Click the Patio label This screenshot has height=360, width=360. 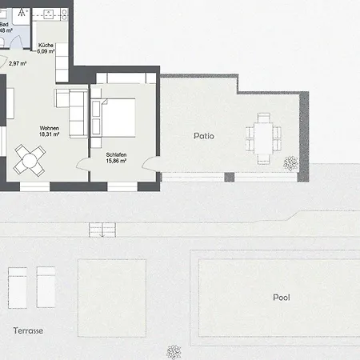pos(204,136)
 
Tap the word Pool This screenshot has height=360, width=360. pos(281,297)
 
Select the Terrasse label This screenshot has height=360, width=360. pos(28,330)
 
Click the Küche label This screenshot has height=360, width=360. pos(46,45)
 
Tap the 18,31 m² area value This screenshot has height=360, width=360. pos(50,136)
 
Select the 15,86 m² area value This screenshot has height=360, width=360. pos(117,161)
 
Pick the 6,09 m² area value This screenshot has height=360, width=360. pos(46,52)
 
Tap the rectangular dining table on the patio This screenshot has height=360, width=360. pos(262,138)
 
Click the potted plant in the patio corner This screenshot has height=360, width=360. pos(290,163)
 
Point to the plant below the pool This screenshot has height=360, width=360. pos(173,351)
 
